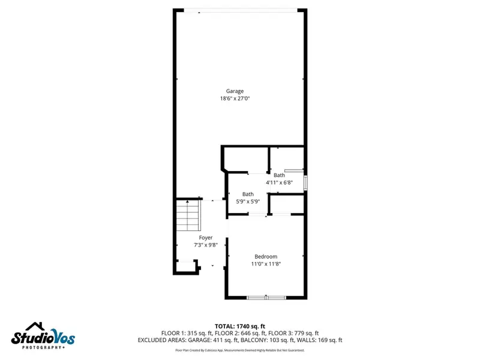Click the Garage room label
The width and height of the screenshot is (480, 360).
pyautogui.click(x=235, y=91)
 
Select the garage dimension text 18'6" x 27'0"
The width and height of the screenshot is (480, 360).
pyautogui.click(x=235, y=98)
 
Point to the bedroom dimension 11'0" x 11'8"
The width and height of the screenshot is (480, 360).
pyautogui.click(x=266, y=263)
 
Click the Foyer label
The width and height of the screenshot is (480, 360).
pyautogui.click(x=205, y=238)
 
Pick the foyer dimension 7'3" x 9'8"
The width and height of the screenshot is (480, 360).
pyautogui.click(x=205, y=245)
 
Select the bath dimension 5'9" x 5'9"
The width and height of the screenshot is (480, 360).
pyautogui.click(x=248, y=202)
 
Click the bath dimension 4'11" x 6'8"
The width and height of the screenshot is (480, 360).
pyautogui.click(x=279, y=182)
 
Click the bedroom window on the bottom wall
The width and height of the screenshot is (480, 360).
pyautogui.click(x=266, y=297)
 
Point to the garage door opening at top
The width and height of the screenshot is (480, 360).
pyautogui.click(x=240, y=10)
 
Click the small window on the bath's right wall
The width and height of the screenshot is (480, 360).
pyautogui.click(x=306, y=182)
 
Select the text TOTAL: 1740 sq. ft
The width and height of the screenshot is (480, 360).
pyautogui.click(x=240, y=326)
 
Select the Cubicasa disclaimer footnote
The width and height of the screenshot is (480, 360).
pyautogui.click(x=240, y=350)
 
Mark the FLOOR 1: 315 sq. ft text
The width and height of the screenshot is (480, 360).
pyautogui.click(x=186, y=333)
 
